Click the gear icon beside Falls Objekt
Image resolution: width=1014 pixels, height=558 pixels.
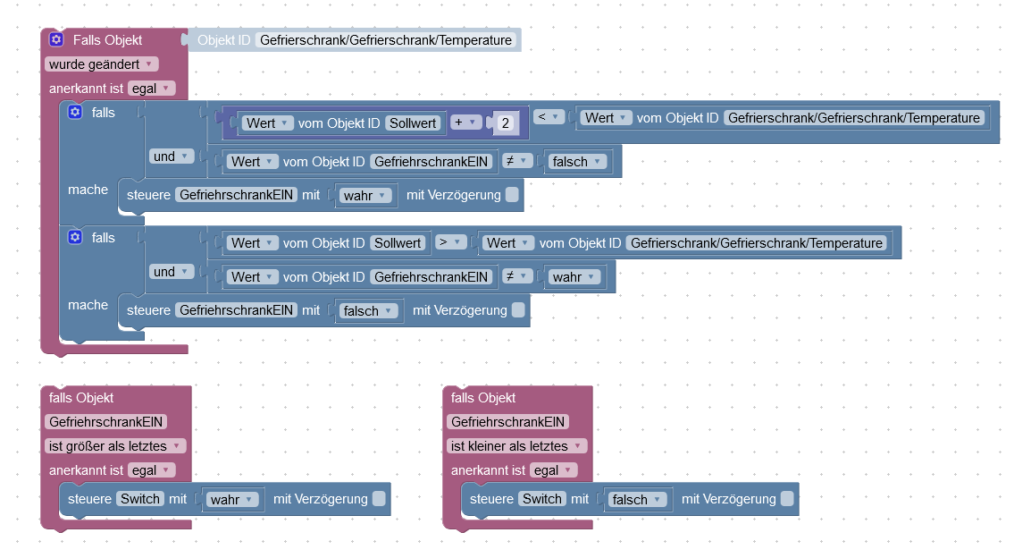click(56, 40)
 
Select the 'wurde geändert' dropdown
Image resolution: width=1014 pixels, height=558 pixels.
click(101, 64)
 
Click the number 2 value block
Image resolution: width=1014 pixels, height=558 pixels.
click(506, 123)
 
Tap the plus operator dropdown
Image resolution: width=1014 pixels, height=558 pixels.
click(465, 123)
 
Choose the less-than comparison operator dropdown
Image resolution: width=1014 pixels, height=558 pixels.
click(547, 117)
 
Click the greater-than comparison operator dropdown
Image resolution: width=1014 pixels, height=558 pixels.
click(449, 242)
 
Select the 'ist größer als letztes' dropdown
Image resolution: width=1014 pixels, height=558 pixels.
click(115, 445)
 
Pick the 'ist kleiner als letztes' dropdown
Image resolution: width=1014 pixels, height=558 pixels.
click(516, 445)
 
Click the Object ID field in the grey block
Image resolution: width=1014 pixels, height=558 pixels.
click(386, 40)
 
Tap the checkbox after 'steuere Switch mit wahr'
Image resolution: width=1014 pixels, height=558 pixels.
click(380, 499)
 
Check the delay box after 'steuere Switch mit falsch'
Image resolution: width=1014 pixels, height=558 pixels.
click(787, 499)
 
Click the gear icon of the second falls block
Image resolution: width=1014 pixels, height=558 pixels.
click(75, 237)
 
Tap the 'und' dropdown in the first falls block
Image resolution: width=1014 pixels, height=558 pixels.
click(172, 156)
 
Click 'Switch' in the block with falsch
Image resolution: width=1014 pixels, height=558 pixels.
click(542, 499)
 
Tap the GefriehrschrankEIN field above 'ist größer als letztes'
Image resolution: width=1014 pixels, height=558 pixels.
click(106, 421)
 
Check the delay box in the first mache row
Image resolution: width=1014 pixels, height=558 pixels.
click(512, 195)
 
